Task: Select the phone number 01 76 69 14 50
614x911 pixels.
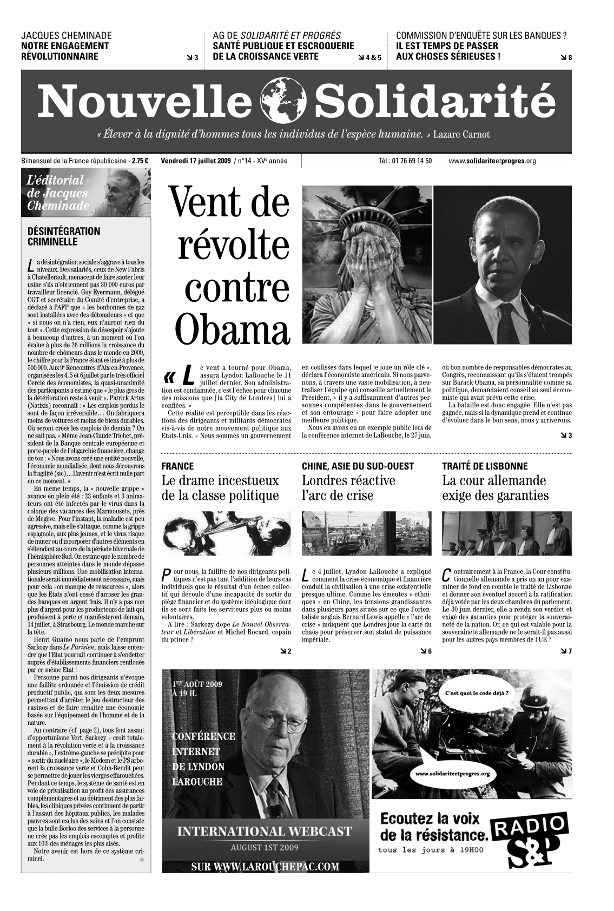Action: (x=405, y=161)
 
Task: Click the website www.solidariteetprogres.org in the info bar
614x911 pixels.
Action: (x=492, y=161)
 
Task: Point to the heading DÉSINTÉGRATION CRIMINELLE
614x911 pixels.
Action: (x=64, y=236)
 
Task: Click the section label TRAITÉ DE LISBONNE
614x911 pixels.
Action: (x=485, y=466)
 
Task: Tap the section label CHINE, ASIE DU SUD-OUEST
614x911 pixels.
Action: (x=358, y=466)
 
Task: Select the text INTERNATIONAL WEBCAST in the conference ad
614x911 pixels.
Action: (x=265, y=831)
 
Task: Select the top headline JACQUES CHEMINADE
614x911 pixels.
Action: (x=66, y=36)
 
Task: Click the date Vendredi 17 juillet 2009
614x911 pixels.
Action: (x=196, y=161)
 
